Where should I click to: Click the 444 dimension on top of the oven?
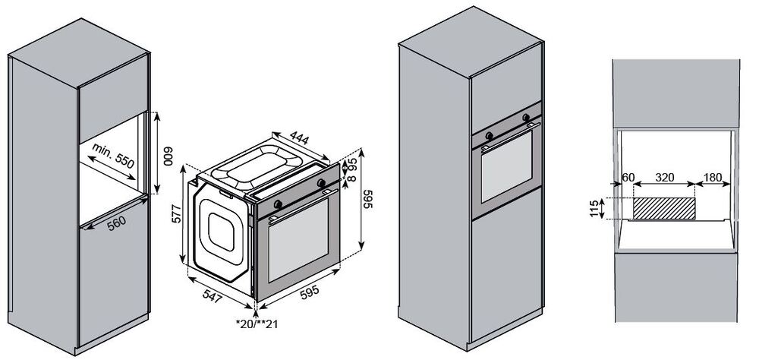[300, 137]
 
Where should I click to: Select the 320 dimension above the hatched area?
[664, 177]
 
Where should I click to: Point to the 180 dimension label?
[712, 177]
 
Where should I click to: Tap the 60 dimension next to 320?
[627, 177]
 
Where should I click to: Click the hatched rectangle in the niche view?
[664, 208]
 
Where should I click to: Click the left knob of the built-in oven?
[487, 135]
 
